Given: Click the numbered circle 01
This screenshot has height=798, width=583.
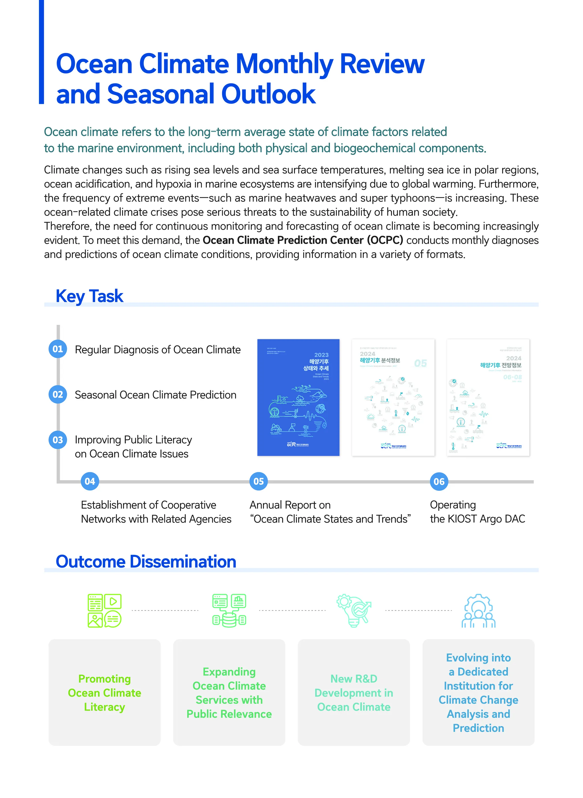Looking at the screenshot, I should [58, 349].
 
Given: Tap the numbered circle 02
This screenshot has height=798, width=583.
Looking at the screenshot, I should [58, 394].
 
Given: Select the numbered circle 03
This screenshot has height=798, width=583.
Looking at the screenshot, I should [58, 440].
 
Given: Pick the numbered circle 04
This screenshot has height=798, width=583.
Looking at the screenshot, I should [90, 481].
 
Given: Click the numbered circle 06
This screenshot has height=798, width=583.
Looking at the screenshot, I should [439, 481].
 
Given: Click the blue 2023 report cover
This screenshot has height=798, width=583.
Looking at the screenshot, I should [298, 397].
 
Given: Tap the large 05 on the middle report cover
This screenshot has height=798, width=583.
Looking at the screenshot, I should [420, 363].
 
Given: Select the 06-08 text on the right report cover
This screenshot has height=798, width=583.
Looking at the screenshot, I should [512, 377].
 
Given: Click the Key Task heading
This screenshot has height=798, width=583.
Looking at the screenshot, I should [89, 296].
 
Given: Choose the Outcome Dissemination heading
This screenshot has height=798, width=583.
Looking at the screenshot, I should [146, 561].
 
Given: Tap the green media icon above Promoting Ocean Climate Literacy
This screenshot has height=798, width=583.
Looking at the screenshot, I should [104, 611].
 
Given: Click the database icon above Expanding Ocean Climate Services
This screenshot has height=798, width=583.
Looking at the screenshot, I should [229, 611].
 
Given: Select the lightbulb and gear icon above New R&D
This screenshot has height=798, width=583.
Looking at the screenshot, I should [354, 611].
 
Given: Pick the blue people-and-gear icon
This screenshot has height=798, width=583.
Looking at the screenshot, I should [478, 611].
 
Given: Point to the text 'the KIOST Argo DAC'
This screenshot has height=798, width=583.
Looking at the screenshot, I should [477, 519].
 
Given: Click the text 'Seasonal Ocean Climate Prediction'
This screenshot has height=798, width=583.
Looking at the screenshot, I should [156, 395].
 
